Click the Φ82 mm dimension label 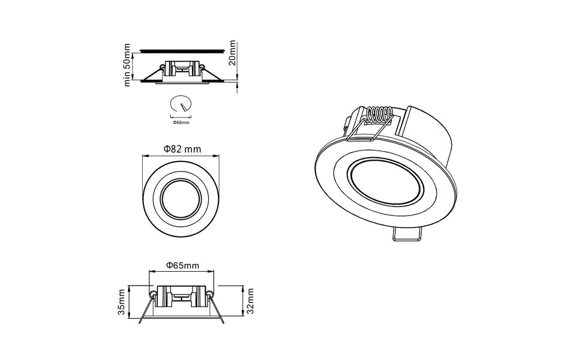coord(182,149)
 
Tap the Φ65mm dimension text coord(182,265)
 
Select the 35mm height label coord(122,302)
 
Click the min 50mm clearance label coord(127,65)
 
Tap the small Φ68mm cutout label coord(181,122)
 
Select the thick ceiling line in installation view coord(182,50)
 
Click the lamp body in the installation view coord(182,69)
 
